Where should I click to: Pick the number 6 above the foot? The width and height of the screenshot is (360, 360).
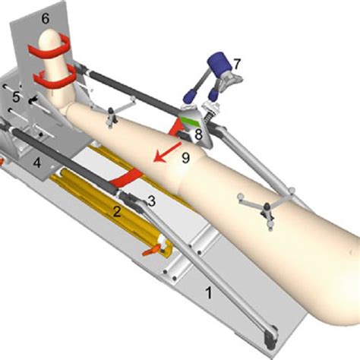[46, 17]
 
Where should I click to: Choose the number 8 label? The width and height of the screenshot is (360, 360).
[198, 134]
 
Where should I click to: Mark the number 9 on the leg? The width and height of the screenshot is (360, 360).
[185, 158]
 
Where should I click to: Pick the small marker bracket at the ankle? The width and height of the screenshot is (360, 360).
[112, 116]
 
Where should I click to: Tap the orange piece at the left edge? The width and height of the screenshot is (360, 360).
[2, 160]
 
